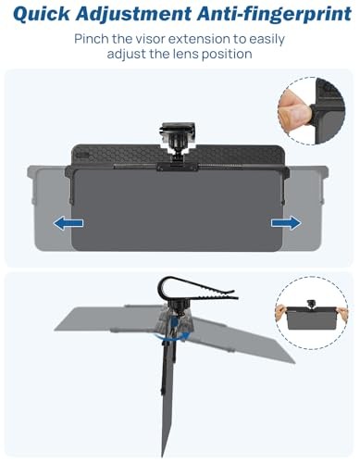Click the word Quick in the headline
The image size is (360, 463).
tap(42, 14)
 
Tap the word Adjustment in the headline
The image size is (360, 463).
tap(134, 15)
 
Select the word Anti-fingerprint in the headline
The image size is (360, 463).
tap(275, 15)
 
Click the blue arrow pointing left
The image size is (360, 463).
tap(68, 223)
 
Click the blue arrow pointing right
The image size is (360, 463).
tap(286, 223)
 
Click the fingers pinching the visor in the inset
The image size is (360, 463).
tap(294, 110)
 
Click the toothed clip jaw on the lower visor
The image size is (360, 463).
tap(197, 290)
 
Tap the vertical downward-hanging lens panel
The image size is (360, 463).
tap(168, 398)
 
